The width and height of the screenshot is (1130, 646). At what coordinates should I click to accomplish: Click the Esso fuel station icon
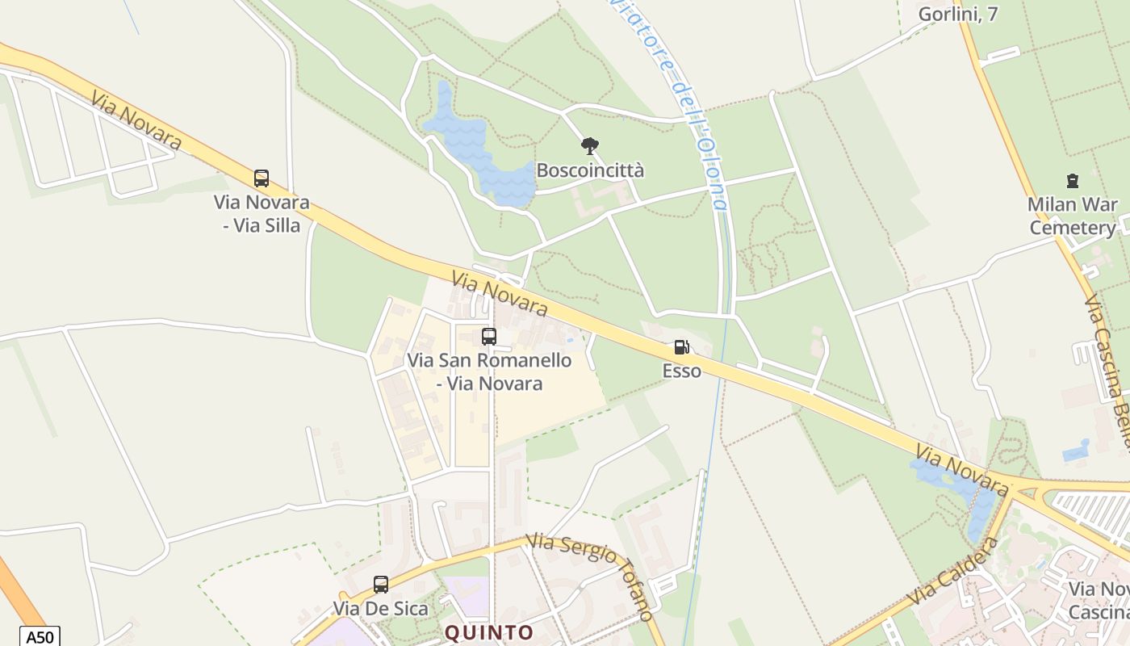pos(682,347)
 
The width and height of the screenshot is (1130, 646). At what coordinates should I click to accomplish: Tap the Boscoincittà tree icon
pos(590,146)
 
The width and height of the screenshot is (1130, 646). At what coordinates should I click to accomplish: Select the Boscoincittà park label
pos(590,170)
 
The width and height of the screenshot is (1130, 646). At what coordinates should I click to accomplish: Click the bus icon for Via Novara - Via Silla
pos(262,178)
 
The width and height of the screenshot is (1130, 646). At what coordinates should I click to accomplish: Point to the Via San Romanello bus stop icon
pos(489,337)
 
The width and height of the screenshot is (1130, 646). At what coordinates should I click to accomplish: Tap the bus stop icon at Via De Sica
pos(381,584)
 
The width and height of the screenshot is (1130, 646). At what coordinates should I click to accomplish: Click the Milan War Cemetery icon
pos(1073,181)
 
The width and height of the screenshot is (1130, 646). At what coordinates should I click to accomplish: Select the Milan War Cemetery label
pos(1073,216)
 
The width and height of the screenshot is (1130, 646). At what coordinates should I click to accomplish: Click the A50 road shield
pos(39,636)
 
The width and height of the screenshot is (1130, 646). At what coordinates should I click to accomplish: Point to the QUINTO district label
pos(489,632)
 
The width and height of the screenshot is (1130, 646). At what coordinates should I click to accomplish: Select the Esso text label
pos(682,371)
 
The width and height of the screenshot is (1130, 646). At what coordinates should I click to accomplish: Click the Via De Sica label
pos(381,609)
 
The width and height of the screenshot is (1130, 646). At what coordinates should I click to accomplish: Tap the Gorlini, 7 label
pos(958,14)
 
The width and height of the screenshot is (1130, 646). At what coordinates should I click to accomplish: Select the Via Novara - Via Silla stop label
pos(262,214)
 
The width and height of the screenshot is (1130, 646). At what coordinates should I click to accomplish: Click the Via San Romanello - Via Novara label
pos(489,371)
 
